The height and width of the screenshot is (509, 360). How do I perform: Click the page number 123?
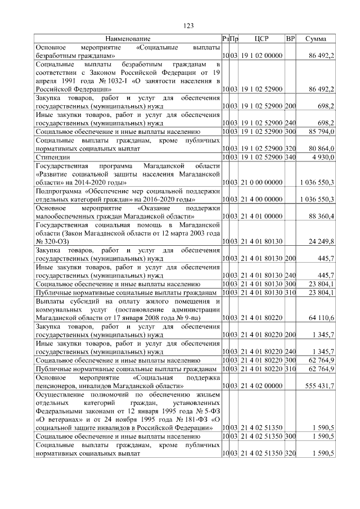click(x=189, y=25)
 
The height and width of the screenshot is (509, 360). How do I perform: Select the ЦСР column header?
click(x=262, y=39)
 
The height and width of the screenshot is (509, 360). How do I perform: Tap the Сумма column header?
click(x=316, y=39)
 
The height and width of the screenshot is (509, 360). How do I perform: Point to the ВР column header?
click(x=290, y=39)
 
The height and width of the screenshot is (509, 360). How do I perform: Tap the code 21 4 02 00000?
click(x=262, y=386)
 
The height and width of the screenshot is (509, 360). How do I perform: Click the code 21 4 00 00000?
click(x=262, y=200)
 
